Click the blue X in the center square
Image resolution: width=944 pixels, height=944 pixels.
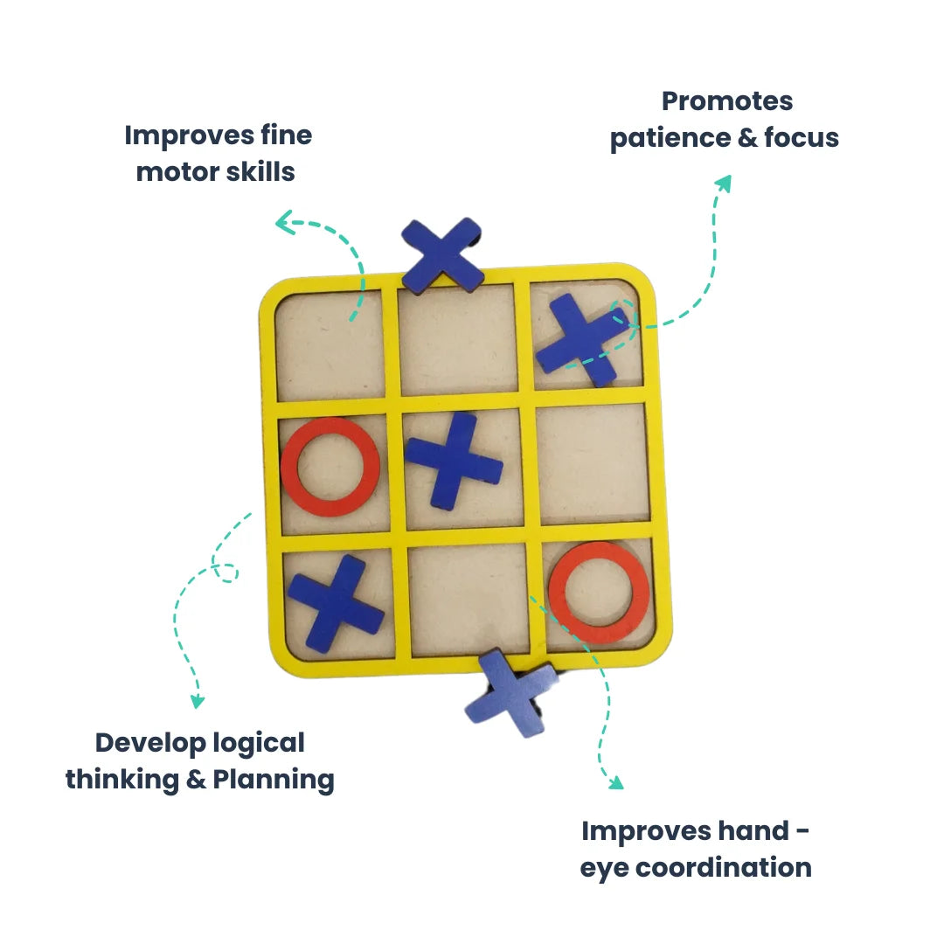[x=454, y=461]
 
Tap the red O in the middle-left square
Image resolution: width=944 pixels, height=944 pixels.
[x=330, y=467]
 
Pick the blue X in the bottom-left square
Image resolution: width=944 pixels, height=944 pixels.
[x=336, y=603]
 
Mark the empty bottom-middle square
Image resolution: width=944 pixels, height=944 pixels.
[x=468, y=599]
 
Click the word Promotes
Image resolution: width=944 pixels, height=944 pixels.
[x=727, y=101]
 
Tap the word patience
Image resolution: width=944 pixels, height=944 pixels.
[x=671, y=138]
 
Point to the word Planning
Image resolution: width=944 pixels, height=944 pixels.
[x=273, y=779]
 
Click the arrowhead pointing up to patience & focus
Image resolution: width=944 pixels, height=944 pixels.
[x=722, y=182]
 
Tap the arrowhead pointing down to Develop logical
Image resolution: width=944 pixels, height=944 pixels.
[x=198, y=700]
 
